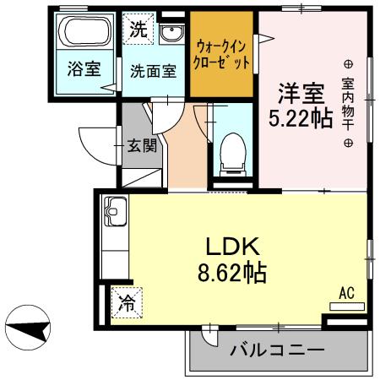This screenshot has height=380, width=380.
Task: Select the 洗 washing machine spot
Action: click(138, 29)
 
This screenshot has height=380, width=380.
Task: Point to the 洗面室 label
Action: click(153, 72)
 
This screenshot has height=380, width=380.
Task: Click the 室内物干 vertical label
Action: click(347, 103)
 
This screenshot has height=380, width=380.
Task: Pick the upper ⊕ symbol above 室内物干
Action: click(347, 64)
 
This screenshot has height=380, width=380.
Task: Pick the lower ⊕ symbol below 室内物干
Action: click(347, 143)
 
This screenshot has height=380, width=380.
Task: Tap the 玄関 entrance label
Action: click(141, 145)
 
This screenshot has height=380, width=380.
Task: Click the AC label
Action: click(345, 292)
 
